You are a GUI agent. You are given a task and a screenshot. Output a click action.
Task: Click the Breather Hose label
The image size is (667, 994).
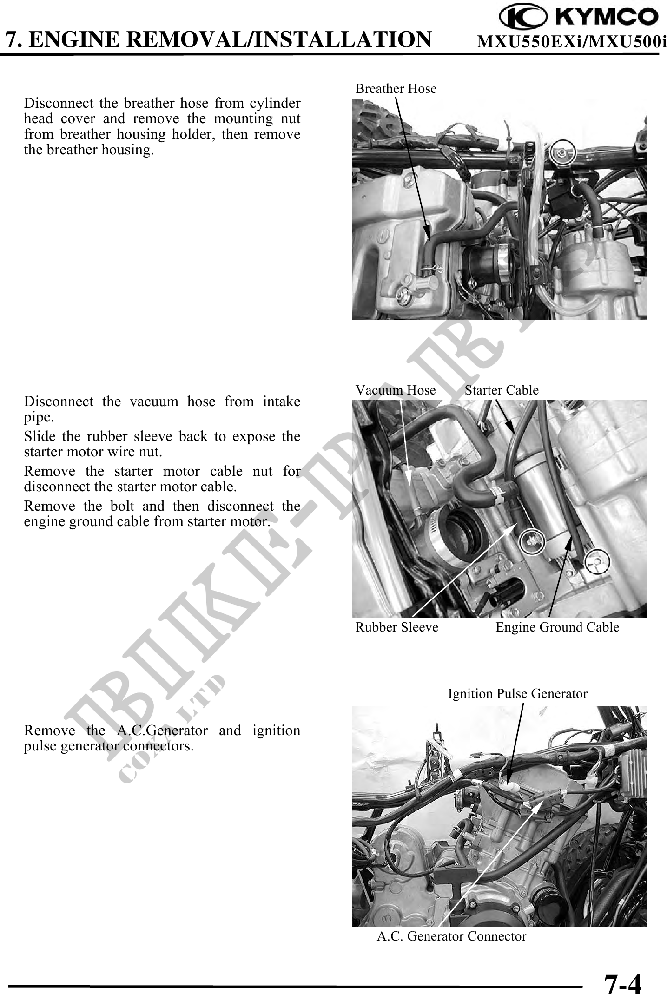396,88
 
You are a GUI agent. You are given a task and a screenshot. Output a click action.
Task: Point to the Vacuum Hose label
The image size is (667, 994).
396,390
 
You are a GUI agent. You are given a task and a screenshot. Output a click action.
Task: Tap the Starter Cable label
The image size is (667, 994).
502,390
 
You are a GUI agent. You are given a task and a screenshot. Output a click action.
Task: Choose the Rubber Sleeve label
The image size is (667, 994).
396,627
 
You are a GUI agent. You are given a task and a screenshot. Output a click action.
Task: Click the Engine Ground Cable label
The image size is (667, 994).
557,627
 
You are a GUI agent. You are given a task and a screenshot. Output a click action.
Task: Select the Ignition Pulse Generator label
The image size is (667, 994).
517,694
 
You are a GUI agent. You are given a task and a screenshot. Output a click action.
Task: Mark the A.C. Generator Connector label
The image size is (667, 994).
451,936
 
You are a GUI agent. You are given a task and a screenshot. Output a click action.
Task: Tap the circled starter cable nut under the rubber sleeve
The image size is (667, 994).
531,540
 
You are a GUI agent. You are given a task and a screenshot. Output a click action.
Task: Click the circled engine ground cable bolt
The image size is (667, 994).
596,563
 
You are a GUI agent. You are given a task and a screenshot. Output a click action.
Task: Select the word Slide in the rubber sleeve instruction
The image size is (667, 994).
37,436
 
